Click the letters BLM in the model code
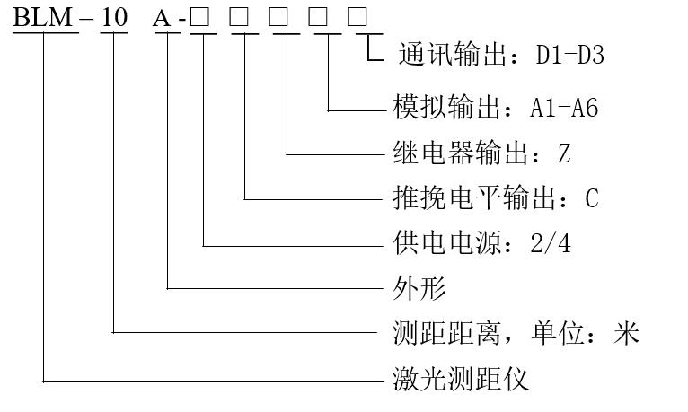click(x=42, y=17)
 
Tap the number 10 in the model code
click(x=114, y=17)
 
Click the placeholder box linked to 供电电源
click(x=201, y=18)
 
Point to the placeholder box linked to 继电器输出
click(x=280, y=18)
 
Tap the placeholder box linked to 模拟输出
click(x=320, y=18)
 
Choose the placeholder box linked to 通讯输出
click(x=357, y=18)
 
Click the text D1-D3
click(x=570, y=56)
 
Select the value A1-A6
click(x=564, y=109)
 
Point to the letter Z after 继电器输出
click(x=564, y=153)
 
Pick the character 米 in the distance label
click(x=625, y=333)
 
